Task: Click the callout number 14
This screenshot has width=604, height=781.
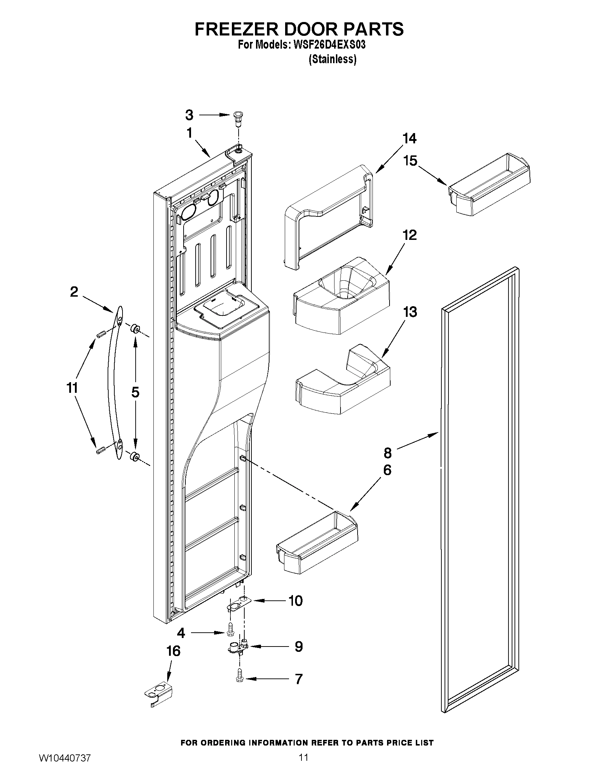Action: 409,138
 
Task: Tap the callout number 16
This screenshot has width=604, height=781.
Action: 173,651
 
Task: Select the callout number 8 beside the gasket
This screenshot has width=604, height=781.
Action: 387,453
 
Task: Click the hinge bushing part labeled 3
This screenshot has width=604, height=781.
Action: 237,118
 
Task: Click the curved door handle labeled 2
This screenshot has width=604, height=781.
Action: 114,383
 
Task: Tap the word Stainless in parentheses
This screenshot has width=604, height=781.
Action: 332,59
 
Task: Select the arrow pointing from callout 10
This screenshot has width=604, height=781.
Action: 267,601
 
